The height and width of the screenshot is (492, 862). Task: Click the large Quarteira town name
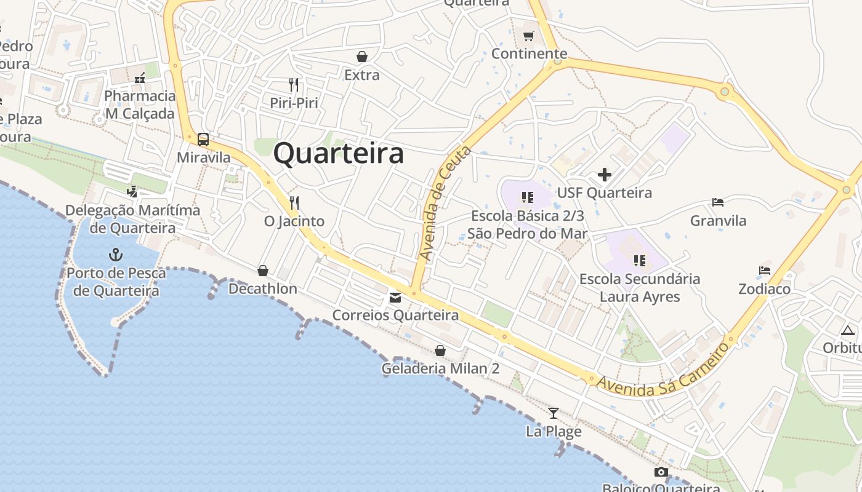pyautogui.click(x=339, y=153)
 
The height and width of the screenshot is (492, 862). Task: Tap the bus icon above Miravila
pyautogui.click(x=203, y=140)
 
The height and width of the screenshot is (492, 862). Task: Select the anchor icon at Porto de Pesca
pyautogui.click(x=115, y=254)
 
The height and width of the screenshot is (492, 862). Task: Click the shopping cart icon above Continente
pyautogui.click(x=529, y=36)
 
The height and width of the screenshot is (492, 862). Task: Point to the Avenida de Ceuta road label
pyautogui.click(x=444, y=202)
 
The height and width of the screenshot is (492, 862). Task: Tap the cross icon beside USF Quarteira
pyautogui.click(x=605, y=175)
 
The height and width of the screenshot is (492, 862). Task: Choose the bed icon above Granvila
pyautogui.click(x=718, y=202)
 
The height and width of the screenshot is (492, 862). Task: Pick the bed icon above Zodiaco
pyautogui.click(x=765, y=270)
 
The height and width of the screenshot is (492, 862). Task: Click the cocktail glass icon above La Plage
pyautogui.click(x=554, y=413)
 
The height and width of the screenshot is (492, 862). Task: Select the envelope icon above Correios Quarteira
pyautogui.click(x=395, y=298)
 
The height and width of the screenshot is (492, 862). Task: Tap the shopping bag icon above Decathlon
pyautogui.click(x=263, y=271)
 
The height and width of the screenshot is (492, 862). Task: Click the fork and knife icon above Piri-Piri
pyautogui.click(x=294, y=84)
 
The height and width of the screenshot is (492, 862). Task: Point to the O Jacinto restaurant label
pyautogui.click(x=294, y=221)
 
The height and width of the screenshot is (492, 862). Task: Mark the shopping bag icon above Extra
pyautogui.click(x=362, y=57)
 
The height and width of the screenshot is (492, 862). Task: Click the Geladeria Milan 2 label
pyautogui.click(x=440, y=368)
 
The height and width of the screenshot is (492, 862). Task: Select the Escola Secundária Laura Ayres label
pyautogui.click(x=640, y=288)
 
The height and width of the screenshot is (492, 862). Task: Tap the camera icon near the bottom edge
pyautogui.click(x=661, y=472)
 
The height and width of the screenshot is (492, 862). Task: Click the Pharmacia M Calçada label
pyautogui.click(x=140, y=105)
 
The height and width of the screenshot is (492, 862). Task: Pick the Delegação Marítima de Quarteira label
pyautogui.click(x=132, y=219)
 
